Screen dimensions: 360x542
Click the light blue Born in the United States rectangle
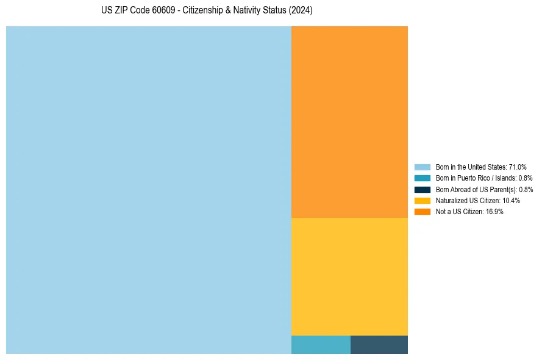tap(149, 190)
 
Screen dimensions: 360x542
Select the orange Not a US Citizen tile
tap(349, 121)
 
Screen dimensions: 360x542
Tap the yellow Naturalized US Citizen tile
tap(349, 276)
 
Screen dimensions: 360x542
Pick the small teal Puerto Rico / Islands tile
tap(321, 345)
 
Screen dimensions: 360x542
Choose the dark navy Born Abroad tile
tap(379, 345)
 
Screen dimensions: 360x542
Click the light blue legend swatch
tap(422, 167)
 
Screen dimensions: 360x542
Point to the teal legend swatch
tap(422, 178)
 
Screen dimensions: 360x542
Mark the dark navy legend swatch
tap(422, 189)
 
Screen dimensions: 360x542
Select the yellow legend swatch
tap(422, 200)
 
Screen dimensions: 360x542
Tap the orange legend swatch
tap(422, 211)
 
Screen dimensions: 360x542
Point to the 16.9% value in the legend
tap(494, 212)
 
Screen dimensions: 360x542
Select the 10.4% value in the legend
tap(511, 201)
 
